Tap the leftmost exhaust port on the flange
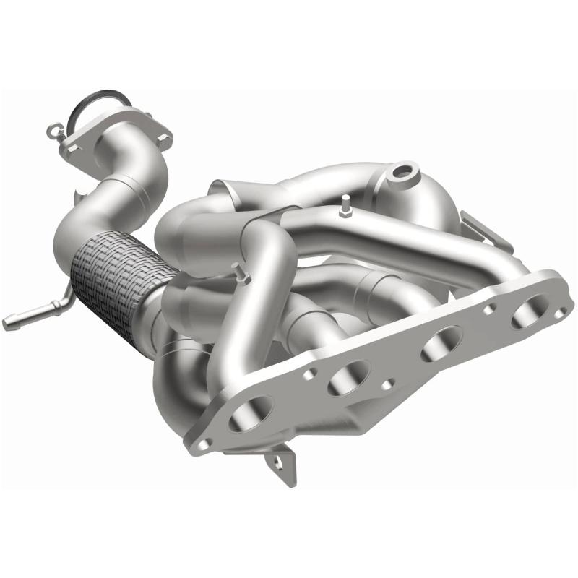(249, 414)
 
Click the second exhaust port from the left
(348, 378)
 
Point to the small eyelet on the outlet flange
(51, 131)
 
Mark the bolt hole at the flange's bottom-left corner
(205, 442)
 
